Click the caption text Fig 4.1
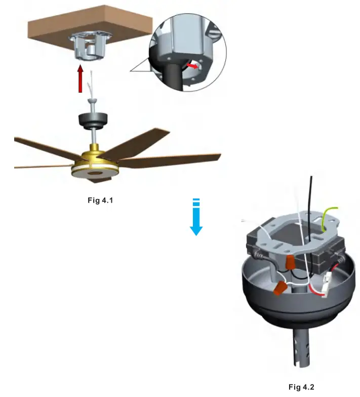point(100,200)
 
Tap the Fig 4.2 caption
point(301,387)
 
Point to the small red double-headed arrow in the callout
point(191,66)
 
